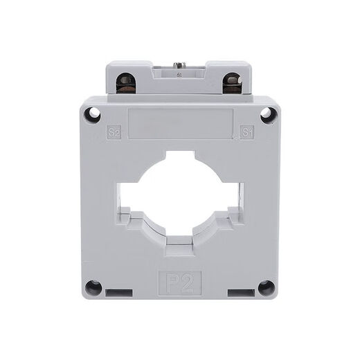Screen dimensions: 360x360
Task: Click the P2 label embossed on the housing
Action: coord(180,283)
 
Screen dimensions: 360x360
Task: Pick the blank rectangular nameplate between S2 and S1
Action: coord(180,122)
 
